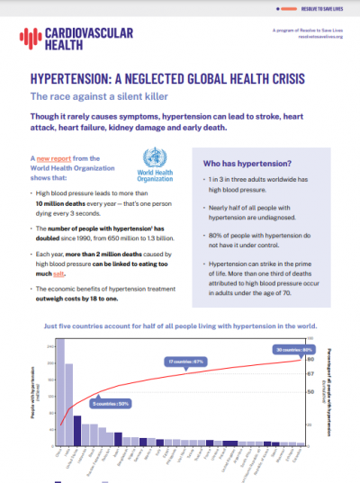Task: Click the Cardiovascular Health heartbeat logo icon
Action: [29, 38]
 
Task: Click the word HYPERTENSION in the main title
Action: [71, 78]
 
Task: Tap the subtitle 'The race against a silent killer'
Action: [87, 96]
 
